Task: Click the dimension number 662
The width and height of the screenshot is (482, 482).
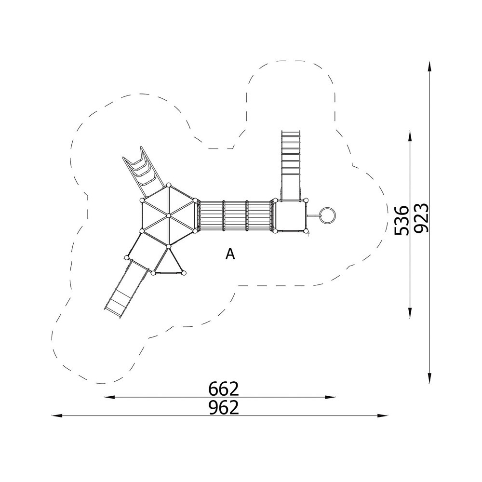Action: click(224, 389)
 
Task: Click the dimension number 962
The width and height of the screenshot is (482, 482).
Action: click(224, 408)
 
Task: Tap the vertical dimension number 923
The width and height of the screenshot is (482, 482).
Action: click(421, 218)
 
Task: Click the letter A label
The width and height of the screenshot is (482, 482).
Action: click(230, 254)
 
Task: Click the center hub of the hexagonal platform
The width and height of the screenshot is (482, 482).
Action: click(168, 216)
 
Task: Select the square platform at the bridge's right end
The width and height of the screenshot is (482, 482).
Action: click(291, 215)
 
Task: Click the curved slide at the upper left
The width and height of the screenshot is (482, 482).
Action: click(143, 172)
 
